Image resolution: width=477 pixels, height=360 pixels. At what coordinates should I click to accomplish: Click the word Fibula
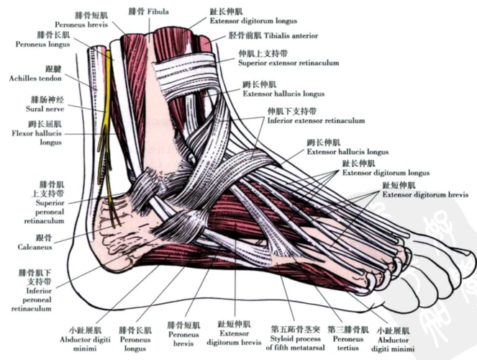[x=158, y=12]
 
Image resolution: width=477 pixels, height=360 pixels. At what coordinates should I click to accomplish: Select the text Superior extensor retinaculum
[x=288, y=63]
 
